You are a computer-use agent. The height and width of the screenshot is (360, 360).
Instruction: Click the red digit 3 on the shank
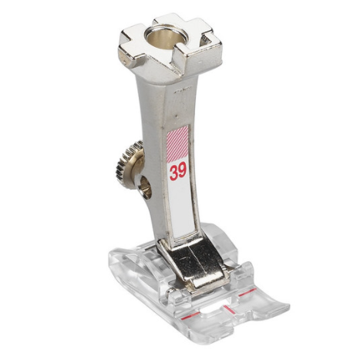click(x=173, y=173)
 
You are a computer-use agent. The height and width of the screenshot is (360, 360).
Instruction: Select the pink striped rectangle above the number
click(x=177, y=145)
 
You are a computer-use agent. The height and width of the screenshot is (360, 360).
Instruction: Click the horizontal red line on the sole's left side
click(x=190, y=316)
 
